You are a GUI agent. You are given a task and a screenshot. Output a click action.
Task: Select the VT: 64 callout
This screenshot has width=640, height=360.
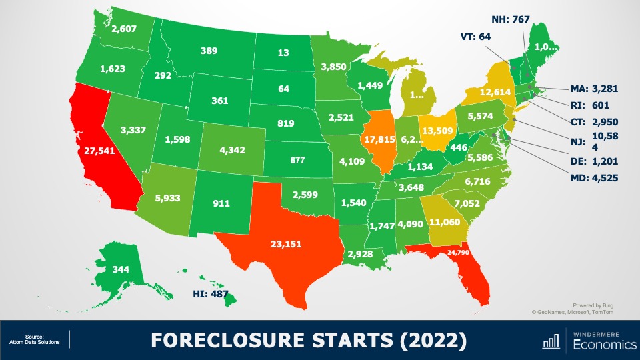tap(475, 37)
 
